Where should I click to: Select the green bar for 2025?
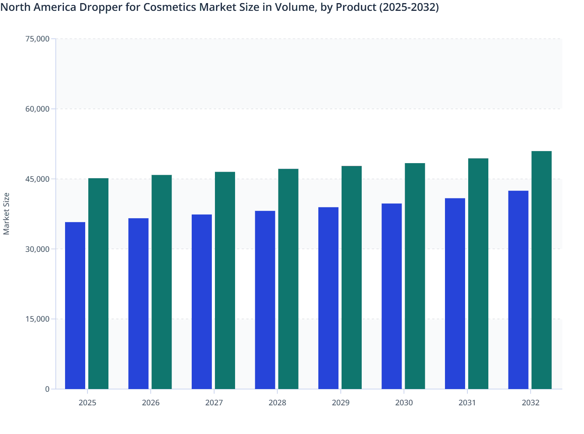pyautogui.click(x=98, y=284)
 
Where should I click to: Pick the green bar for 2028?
pyautogui.click(x=288, y=279)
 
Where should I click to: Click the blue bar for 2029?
pyautogui.click(x=328, y=298)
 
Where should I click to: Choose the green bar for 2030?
pyautogui.click(x=415, y=276)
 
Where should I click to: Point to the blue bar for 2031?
pyautogui.click(x=455, y=293)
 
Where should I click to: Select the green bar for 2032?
pyautogui.click(x=541, y=270)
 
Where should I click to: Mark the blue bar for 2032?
pyautogui.click(x=518, y=290)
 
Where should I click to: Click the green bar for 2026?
pyautogui.click(x=161, y=282)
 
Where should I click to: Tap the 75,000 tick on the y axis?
pyautogui.click(x=37, y=39)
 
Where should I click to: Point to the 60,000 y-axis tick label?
pyautogui.click(x=37, y=109)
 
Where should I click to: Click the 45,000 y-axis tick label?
pyautogui.click(x=37, y=179)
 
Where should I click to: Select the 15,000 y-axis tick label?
pyautogui.click(x=37, y=319)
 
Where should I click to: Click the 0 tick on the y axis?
pyautogui.click(x=47, y=389)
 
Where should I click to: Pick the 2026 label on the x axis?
pyautogui.click(x=151, y=403)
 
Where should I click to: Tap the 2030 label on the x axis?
pyautogui.click(x=404, y=403)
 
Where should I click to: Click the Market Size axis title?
pyautogui.click(x=7, y=214)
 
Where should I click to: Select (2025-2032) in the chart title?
pyautogui.click(x=409, y=7)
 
